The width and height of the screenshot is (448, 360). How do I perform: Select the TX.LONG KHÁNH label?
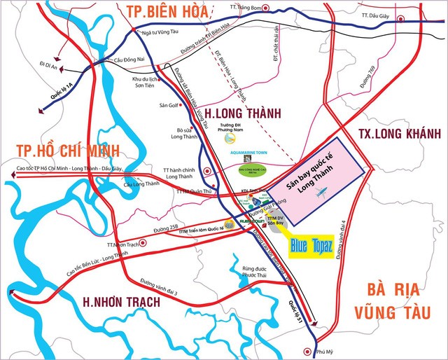tap(394, 133)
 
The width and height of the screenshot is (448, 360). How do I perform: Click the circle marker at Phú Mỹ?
tap(304, 352)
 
